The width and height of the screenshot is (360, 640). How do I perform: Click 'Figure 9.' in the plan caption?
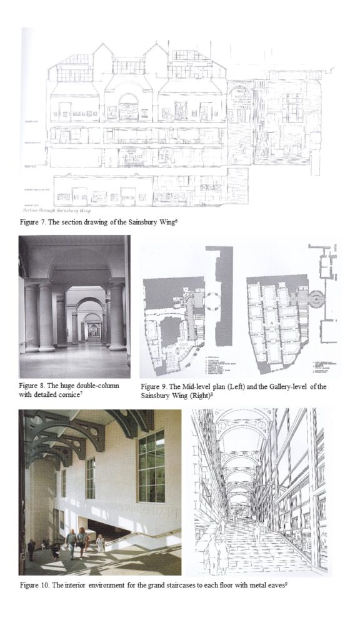tap(154, 387)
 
